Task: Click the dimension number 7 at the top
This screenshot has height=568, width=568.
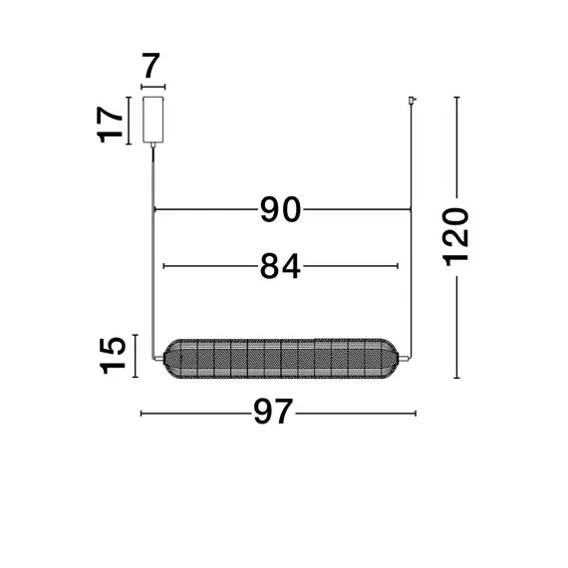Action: click(x=151, y=66)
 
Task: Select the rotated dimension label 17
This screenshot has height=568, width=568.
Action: click(x=110, y=125)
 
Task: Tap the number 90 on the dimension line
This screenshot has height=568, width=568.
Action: click(x=280, y=209)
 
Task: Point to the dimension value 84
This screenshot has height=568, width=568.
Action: click(x=280, y=266)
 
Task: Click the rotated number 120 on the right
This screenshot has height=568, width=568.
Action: click(x=455, y=237)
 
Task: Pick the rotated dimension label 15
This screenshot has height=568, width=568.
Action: click(x=113, y=356)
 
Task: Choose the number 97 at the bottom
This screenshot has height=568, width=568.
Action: click(x=273, y=412)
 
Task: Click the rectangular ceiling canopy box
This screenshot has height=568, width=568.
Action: click(x=152, y=120)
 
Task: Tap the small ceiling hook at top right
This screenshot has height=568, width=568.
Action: click(x=412, y=101)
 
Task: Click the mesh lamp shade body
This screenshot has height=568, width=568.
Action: click(x=281, y=359)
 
